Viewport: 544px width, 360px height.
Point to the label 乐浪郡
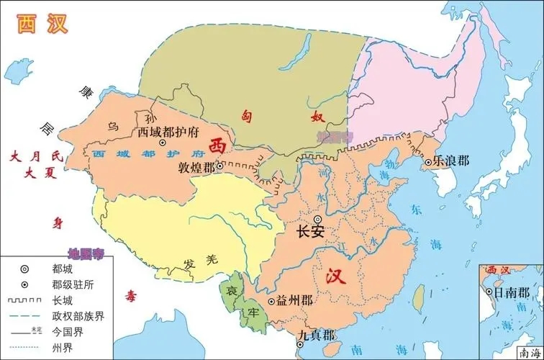[x=450, y=161]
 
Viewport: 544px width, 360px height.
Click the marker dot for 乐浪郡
[x=427, y=161]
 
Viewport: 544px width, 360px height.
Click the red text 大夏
[x=33, y=173]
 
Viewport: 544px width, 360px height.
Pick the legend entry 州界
[x=62, y=348]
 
